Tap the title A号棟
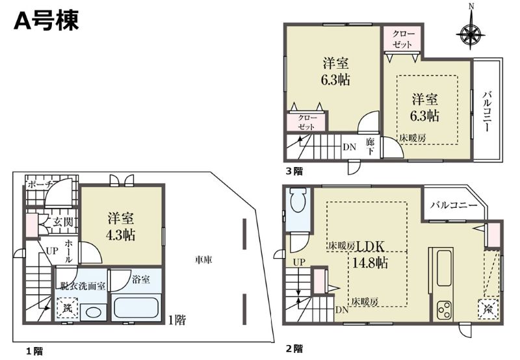pyautogui.click(x=46, y=20)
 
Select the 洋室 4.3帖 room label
pyautogui.click(x=120, y=227)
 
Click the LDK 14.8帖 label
pyautogui.click(x=370, y=254)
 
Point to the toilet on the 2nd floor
pyautogui.click(x=298, y=200)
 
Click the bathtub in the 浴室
pyautogui.click(x=136, y=307)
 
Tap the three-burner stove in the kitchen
pyautogui.click(x=445, y=309)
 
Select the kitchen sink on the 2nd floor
pyautogui.click(x=445, y=268)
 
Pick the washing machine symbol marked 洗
pyautogui.click(x=68, y=308)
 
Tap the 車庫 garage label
pyautogui.click(x=203, y=260)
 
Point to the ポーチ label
pyautogui.click(x=40, y=185)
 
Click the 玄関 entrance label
pyautogui.click(x=63, y=222)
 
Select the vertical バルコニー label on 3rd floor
pyautogui.click(x=486, y=110)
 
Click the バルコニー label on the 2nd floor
pyautogui.click(x=454, y=205)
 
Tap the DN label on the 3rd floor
pyautogui.click(x=350, y=147)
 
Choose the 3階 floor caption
pyautogui.click(x=294, y=172)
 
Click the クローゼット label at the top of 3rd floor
pyautogui.click(x=403, y=39)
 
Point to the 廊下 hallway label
pyautogui.click(x=370, y=146)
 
